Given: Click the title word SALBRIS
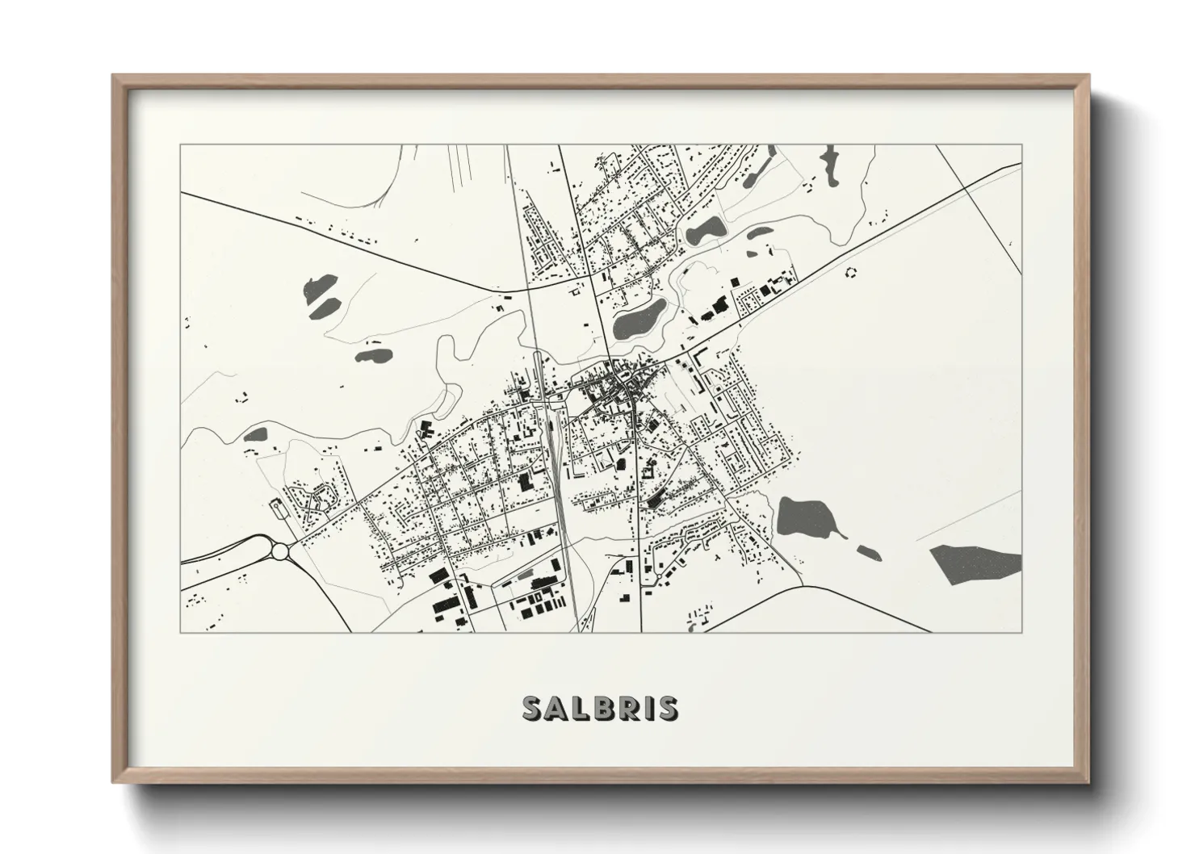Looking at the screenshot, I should (x=600, y=708).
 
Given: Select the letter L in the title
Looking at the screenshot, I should (x=577, y=708).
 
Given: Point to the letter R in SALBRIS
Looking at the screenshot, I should (x=627, y=708).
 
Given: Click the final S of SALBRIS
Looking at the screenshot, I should (x=667, y=708).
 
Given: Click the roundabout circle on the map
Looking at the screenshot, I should (x=280, y=551).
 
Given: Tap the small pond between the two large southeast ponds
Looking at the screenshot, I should (x=868, y=552).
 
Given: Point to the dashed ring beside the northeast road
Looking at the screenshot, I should (x=849, y=272).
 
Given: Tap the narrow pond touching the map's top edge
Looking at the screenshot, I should (x=829, y=161).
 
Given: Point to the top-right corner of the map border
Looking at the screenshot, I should (x=1021, y=144).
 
